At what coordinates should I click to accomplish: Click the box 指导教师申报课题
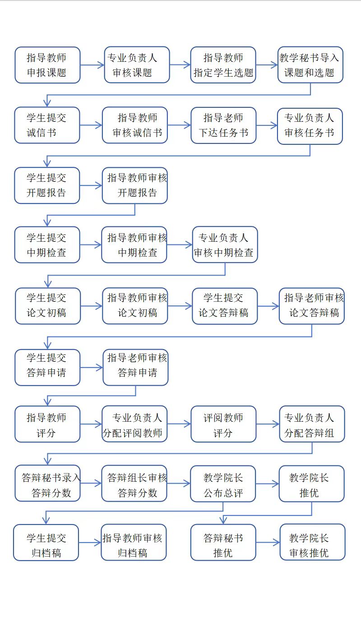47,65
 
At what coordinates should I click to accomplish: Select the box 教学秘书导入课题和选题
310,65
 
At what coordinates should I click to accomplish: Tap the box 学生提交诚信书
47,125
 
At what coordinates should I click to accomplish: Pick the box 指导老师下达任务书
223,125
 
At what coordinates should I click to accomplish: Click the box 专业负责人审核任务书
310,126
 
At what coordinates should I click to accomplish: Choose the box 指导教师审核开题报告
135,185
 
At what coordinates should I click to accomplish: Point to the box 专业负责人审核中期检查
225,244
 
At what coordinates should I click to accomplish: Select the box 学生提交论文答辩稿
225,306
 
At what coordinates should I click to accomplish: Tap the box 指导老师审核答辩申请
135,367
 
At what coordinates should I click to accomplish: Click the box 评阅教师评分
223,424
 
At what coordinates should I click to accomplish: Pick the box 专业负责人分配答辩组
312,424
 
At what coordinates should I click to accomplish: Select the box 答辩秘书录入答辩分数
48,483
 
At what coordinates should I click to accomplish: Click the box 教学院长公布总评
223,484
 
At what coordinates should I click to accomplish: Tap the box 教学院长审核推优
313,542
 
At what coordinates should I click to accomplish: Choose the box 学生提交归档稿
46,543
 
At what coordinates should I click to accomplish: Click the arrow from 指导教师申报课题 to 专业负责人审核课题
92,65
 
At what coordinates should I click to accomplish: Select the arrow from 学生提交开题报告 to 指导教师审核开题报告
91,185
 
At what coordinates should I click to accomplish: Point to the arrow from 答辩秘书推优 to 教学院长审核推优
268,542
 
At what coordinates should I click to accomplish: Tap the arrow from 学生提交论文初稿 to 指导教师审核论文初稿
91,306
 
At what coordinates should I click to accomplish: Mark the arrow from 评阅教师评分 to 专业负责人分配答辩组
268,424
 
